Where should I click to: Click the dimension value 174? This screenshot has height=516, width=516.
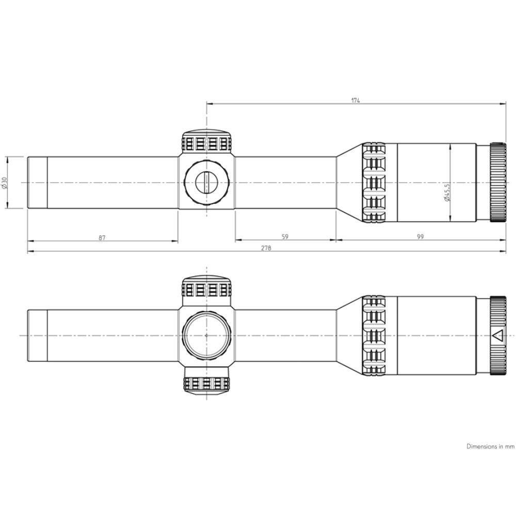[356, 100]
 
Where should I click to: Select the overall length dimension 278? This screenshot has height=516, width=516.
[266, 248]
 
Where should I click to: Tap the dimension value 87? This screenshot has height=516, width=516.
[102, 237]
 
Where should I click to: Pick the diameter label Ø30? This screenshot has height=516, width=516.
[4, 182]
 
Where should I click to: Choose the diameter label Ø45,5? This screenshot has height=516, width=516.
[446, 192]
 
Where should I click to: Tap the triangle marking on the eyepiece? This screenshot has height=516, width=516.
[498, 335]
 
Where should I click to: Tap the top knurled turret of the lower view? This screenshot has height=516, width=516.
[206, 288]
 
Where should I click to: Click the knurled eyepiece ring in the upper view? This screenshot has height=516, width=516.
[497, 182]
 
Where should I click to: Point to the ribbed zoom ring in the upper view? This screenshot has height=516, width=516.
[375, 182]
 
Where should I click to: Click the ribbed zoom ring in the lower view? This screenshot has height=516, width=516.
[375, 335]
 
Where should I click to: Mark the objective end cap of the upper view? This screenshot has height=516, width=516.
[37, 182]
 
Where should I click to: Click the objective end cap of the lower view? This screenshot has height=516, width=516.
[37, 335]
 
